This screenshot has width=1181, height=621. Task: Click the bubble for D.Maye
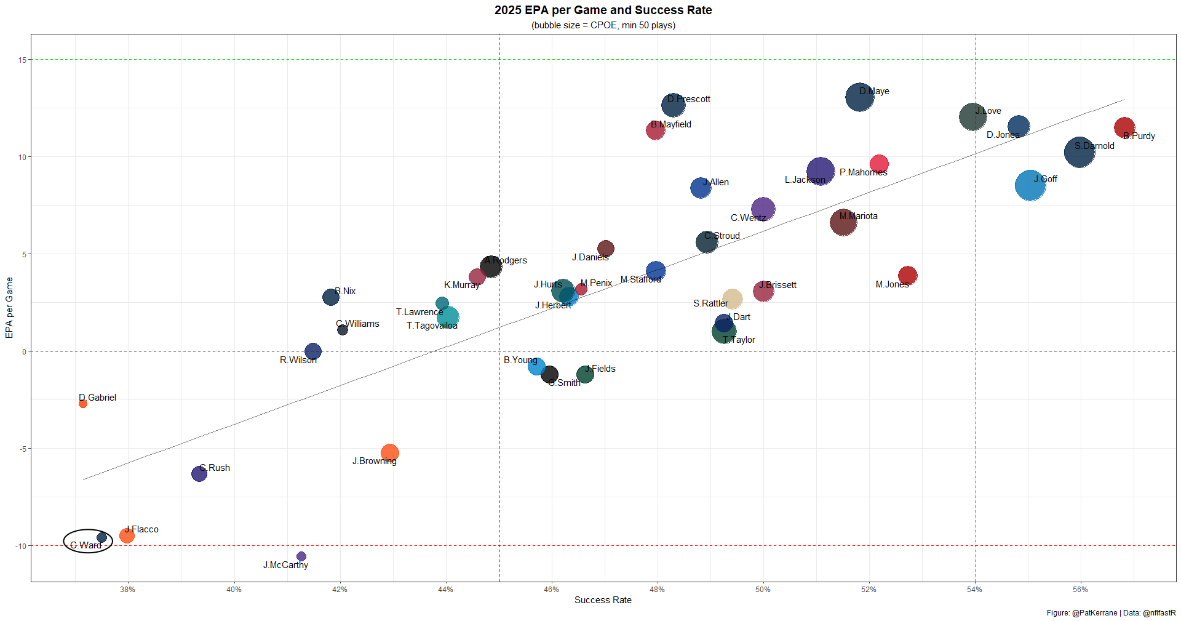[x=859, y=97]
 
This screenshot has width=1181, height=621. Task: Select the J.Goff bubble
[x=1030, y=185]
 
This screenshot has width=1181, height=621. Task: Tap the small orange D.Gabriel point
[x=83, y=404]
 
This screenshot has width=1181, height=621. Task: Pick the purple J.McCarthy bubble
[x=301, y=556]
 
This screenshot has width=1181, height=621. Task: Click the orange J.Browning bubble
[x=389, y=453]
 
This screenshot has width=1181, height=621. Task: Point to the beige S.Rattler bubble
[x=732, y=299]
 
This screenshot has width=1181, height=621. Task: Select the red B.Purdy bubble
[x=1124, y=127]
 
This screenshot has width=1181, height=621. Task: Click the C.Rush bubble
[x=199, y=473]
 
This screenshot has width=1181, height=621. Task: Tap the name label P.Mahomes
[x=863, y=172]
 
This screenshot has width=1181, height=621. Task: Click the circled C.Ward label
[x=85, y=545]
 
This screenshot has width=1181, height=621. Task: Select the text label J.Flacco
[x=142, y=529]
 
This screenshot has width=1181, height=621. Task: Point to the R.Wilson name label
[x=298, y=360]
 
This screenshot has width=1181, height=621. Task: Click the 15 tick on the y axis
[x=22, y=60]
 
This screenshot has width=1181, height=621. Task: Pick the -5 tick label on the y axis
[x=22, y=449]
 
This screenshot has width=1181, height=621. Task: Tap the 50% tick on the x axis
[x=763, y=590]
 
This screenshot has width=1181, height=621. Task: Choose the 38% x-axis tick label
[x=128, y=590]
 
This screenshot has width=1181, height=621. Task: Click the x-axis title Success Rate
[x=603, y=600]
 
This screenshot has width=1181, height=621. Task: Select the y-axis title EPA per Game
[x=9, y=308]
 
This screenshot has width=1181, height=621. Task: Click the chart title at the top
[x=603, y=10]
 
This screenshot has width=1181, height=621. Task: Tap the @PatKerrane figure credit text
[x=1094, y=613]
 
